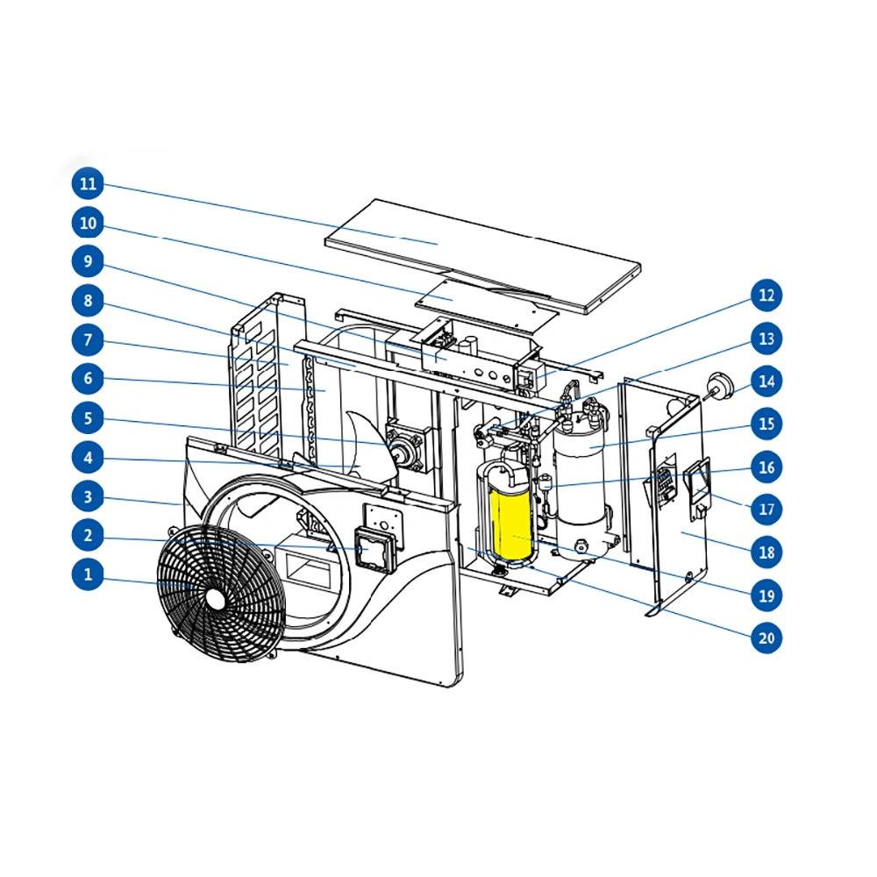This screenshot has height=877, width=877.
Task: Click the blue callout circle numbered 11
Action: coord(88,183)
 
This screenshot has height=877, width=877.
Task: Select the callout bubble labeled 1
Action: coord(88,574)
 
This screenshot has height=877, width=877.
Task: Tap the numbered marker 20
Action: coord(766,638)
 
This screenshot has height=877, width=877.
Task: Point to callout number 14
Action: coord(766,381)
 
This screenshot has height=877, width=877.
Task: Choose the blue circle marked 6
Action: coord(88,378)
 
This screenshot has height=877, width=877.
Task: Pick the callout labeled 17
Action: coord(766,509)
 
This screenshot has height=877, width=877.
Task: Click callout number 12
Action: coord(766,296)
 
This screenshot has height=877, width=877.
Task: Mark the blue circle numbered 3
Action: coord(88,496)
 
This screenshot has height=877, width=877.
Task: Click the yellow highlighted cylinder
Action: coord(510,523)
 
